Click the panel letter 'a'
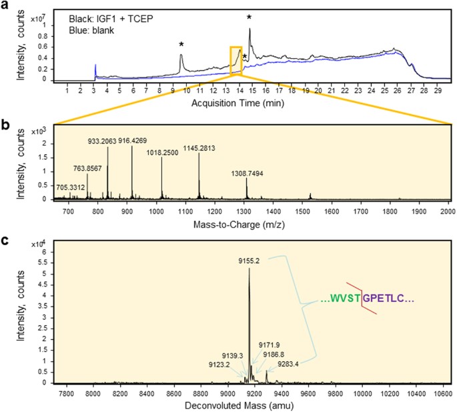[5, 5]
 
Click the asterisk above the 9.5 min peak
[181, 45]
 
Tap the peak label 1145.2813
[199, 148]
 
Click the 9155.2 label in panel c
[250, 261]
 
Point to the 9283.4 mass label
[280, 365]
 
